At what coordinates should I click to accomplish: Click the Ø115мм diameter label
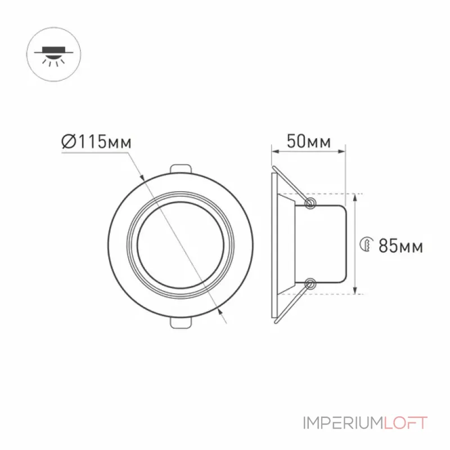pyautogui.click(x=96, y=141)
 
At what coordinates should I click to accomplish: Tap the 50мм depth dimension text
pyautogui.click(x=308, y=141)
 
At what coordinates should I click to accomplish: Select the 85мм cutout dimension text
pyautogui.click(x=400, y=246)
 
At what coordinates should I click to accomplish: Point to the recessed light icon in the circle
pyautogui.click(x=53, y=56)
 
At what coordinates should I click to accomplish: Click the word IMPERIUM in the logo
pyautogui.click(x=343, y=423)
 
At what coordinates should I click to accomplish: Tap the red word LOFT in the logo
pyautogui.click(x=406, y=423)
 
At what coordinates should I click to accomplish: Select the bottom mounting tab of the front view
pyautogui.click(x=181, y=322)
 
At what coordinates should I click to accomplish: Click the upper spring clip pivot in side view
pyautogui.click(x=310, y=203)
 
